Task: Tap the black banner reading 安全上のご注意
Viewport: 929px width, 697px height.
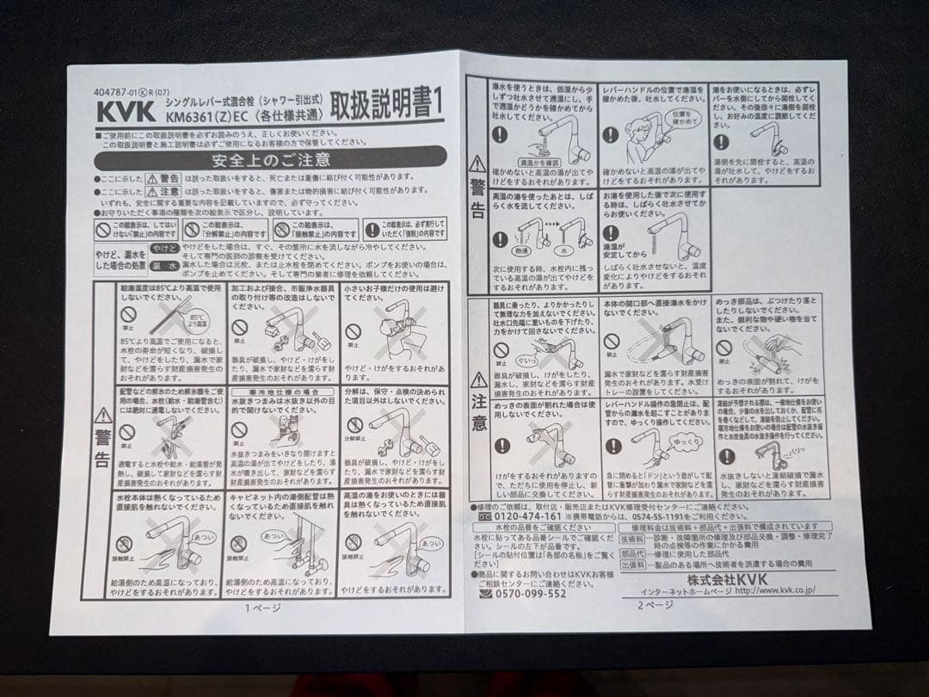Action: tap(271, 160)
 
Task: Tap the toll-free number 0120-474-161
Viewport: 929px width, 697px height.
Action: tap(530, 517)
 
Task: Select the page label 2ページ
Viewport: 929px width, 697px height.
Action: tap(655, 604)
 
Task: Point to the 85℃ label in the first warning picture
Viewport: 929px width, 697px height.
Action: tap(197, 319)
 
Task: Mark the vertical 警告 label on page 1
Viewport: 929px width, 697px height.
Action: tap(104, 446)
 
